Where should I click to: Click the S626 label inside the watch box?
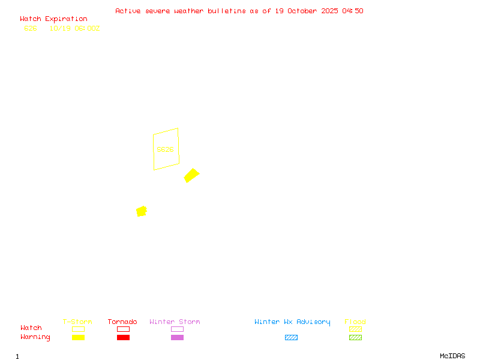click(165, 149)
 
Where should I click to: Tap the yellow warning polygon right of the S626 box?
click(191, 175)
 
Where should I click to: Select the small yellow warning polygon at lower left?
click(142, 211)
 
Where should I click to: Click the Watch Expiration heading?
click(53, 19)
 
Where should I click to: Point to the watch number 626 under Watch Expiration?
click(31, 28)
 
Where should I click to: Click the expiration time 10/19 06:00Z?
click(74, 28)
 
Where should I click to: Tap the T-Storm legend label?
click(77, 322)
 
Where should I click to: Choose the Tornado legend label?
click(122, 322)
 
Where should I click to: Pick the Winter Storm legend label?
click(175, 322)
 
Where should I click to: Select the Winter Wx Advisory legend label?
click(292, 322)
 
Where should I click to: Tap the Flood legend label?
click(355, 322)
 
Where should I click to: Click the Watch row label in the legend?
click(31, 328)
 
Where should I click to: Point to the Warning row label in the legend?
click(35, 337)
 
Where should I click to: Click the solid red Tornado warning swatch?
click(123, 337)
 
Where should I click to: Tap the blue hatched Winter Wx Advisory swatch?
click(291, 337)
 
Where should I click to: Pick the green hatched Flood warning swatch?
click(355, 337)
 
